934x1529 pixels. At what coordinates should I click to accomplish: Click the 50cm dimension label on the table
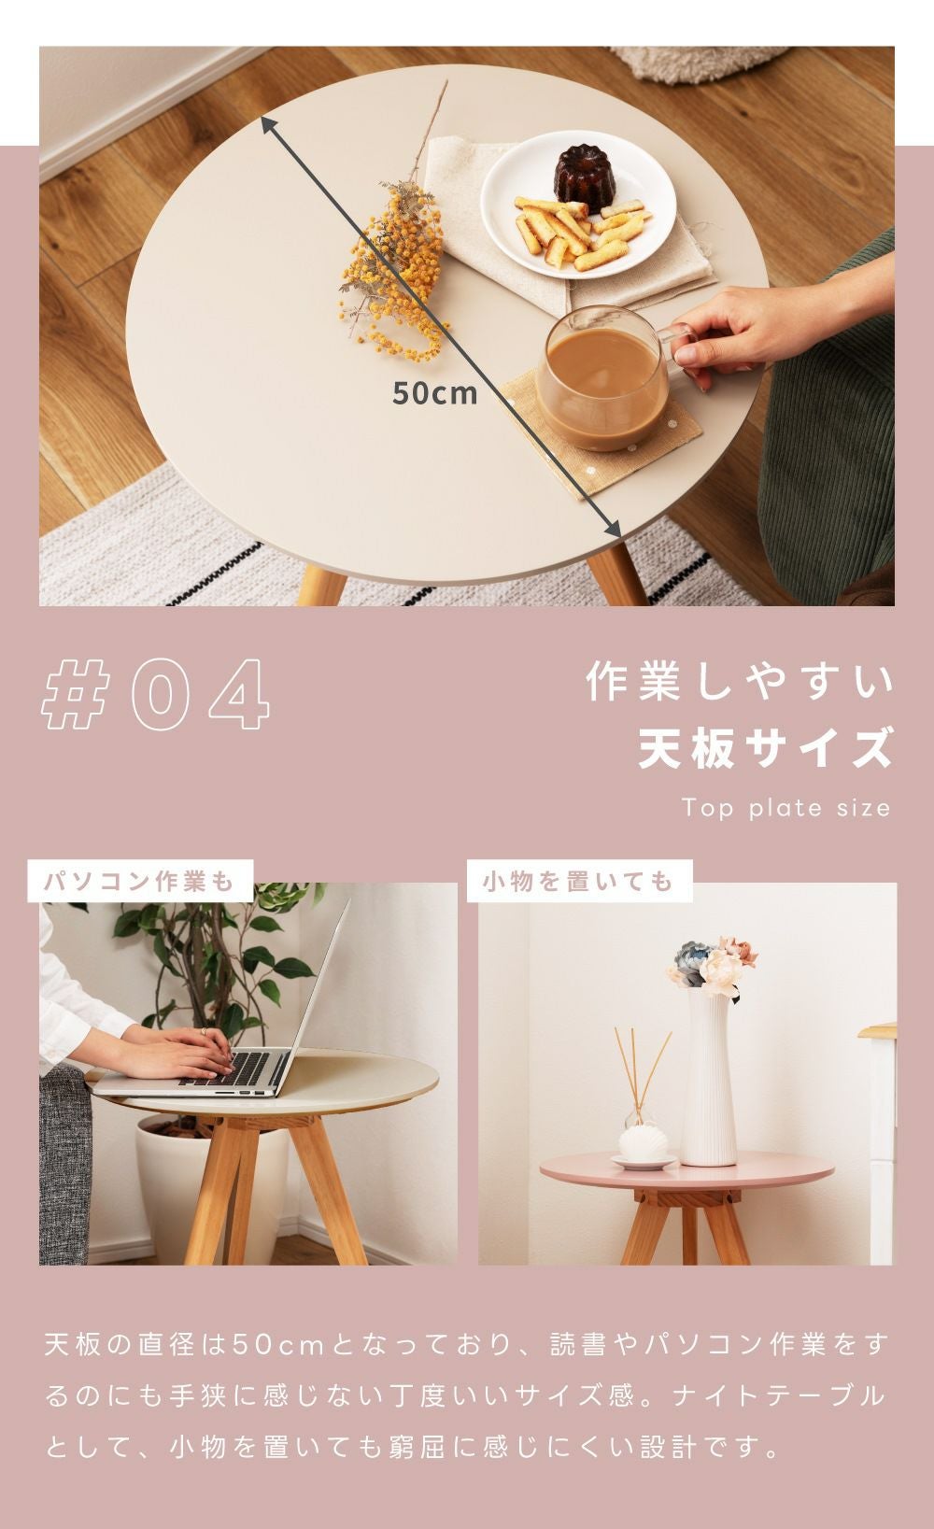(434, 393)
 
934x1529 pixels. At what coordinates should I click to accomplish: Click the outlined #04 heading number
(156, 694)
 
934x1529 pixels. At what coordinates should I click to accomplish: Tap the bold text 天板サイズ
(765, 748)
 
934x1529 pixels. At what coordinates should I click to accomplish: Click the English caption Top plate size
(785, 808)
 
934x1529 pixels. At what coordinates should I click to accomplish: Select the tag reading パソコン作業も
(140, 881)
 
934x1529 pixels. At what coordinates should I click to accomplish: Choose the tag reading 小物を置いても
(579, 881)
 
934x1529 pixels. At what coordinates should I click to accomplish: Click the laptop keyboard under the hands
(235, 1069)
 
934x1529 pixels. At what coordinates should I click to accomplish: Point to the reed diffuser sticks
(642, 1069)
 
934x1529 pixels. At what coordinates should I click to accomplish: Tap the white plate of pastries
(577, 205)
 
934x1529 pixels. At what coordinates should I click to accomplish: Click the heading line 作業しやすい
(740, 681)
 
